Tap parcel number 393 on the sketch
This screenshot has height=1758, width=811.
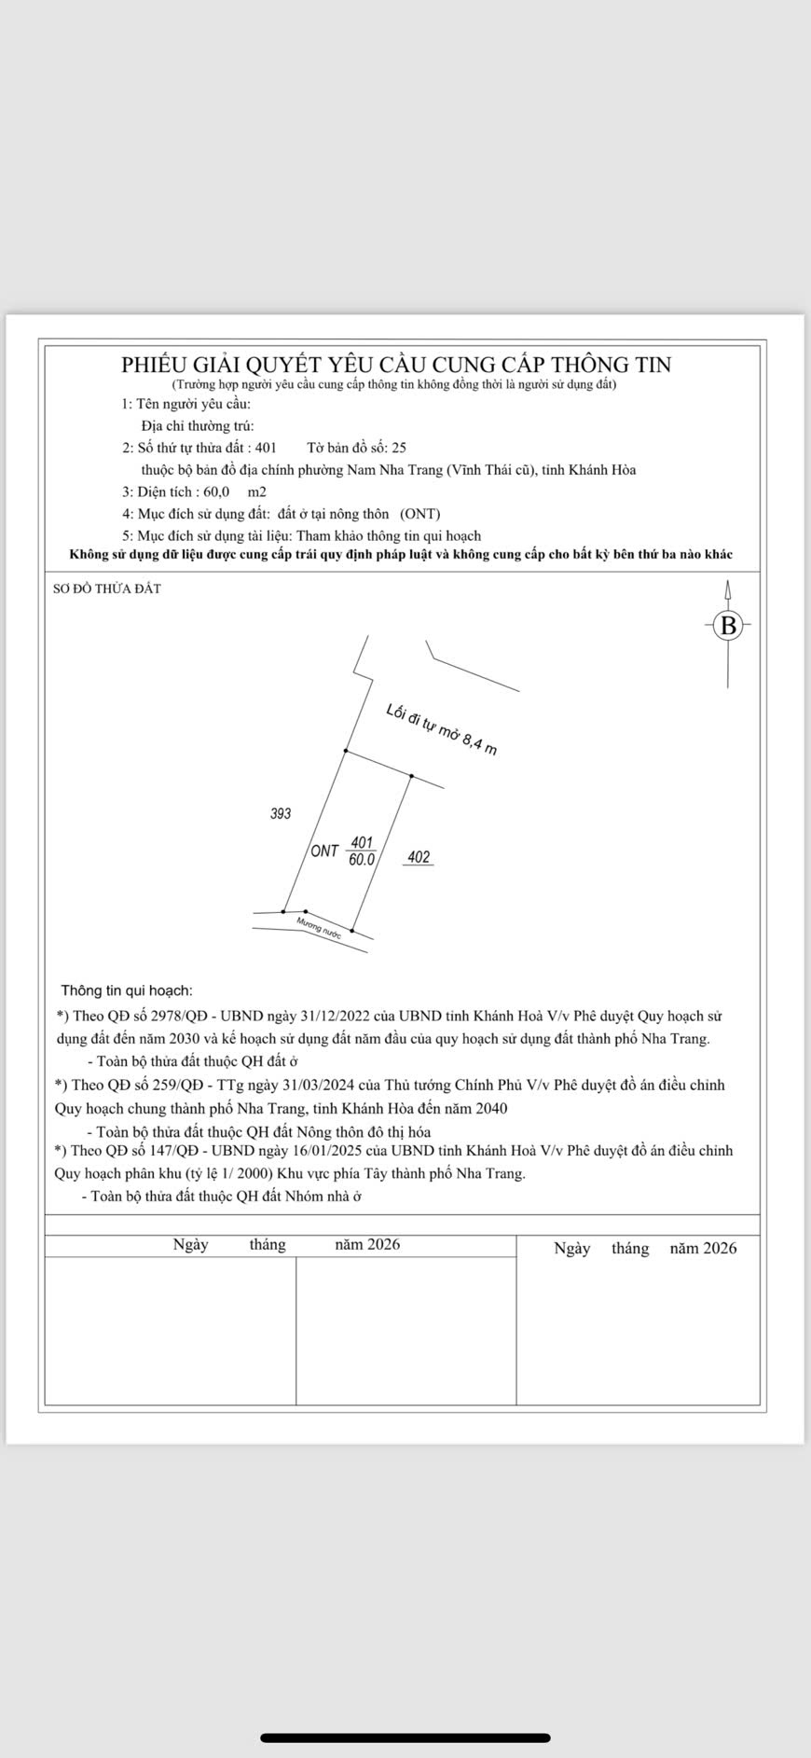click(x=281, y=813)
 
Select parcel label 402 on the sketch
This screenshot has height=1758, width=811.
click(x=419, y=857)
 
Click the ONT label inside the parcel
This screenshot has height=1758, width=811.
click(x=324, y=851)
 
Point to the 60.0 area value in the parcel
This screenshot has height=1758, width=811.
click(x=362, y=860)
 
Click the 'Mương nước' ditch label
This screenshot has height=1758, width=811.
click(x=319, y=926)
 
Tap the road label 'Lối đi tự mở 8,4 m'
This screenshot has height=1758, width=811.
click(x=441, y=729)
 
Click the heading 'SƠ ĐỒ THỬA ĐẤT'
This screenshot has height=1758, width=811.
click(x=107, y=588)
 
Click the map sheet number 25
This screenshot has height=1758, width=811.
click(x=399, y=448)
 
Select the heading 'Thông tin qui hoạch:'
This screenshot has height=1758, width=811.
click(x=127, y=990)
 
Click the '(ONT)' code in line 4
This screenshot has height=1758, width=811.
click(x=420, y=514)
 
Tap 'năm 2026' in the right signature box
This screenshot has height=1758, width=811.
click(x=703, y=1248)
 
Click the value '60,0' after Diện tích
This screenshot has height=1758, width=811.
click(x=216, y=491)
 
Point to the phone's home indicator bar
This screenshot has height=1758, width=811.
click(x=405, y=1737)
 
